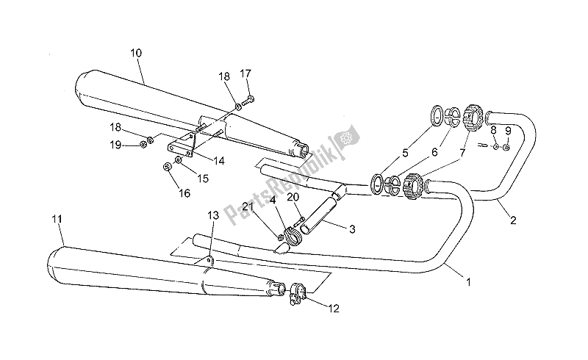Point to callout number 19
coord(115,145)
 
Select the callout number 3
coord(353,229)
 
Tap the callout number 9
coord(507,130)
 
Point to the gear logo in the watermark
coord(345,137)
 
